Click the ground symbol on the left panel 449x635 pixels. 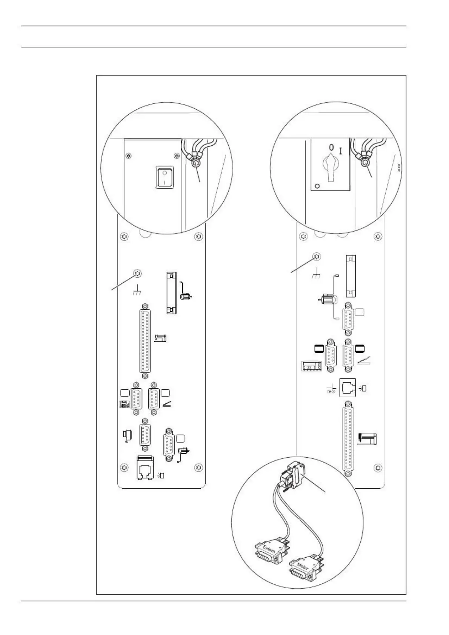(138, 291)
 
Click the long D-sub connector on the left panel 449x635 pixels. (144, 341)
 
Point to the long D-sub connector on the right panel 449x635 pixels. (348, 440)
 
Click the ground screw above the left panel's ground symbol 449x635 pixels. (138, 274)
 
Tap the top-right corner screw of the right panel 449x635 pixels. (378, 237)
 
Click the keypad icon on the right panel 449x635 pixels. (311, 366)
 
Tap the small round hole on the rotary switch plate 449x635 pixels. (317, 186)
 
